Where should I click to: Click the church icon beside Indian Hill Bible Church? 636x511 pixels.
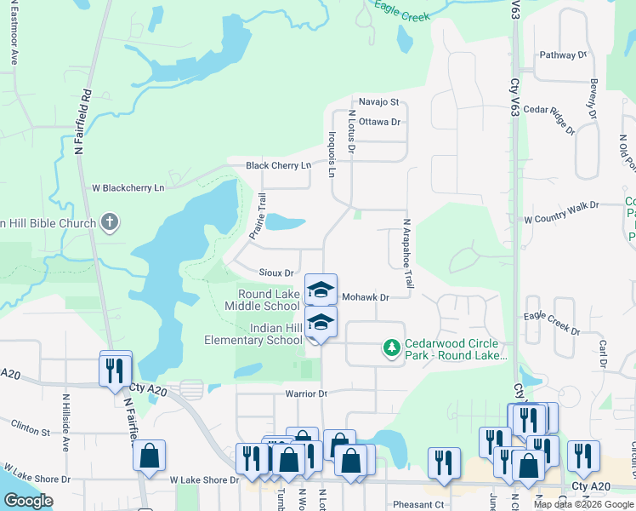pos(109,223)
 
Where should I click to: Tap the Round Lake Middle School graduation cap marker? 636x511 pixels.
pos(321,290)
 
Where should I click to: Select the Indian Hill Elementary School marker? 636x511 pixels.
pos(321,323)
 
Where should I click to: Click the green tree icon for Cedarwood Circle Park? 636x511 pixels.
pos(391,347)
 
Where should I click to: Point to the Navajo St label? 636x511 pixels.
pos(378,101)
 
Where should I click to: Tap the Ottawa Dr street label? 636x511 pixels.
pos(379,122)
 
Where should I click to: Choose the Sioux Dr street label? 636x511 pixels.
pos(276,273)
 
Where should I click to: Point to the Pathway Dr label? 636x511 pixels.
pos(563,55)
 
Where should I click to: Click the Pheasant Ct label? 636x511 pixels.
pos(415,504)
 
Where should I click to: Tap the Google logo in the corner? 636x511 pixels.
pos(28,500)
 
